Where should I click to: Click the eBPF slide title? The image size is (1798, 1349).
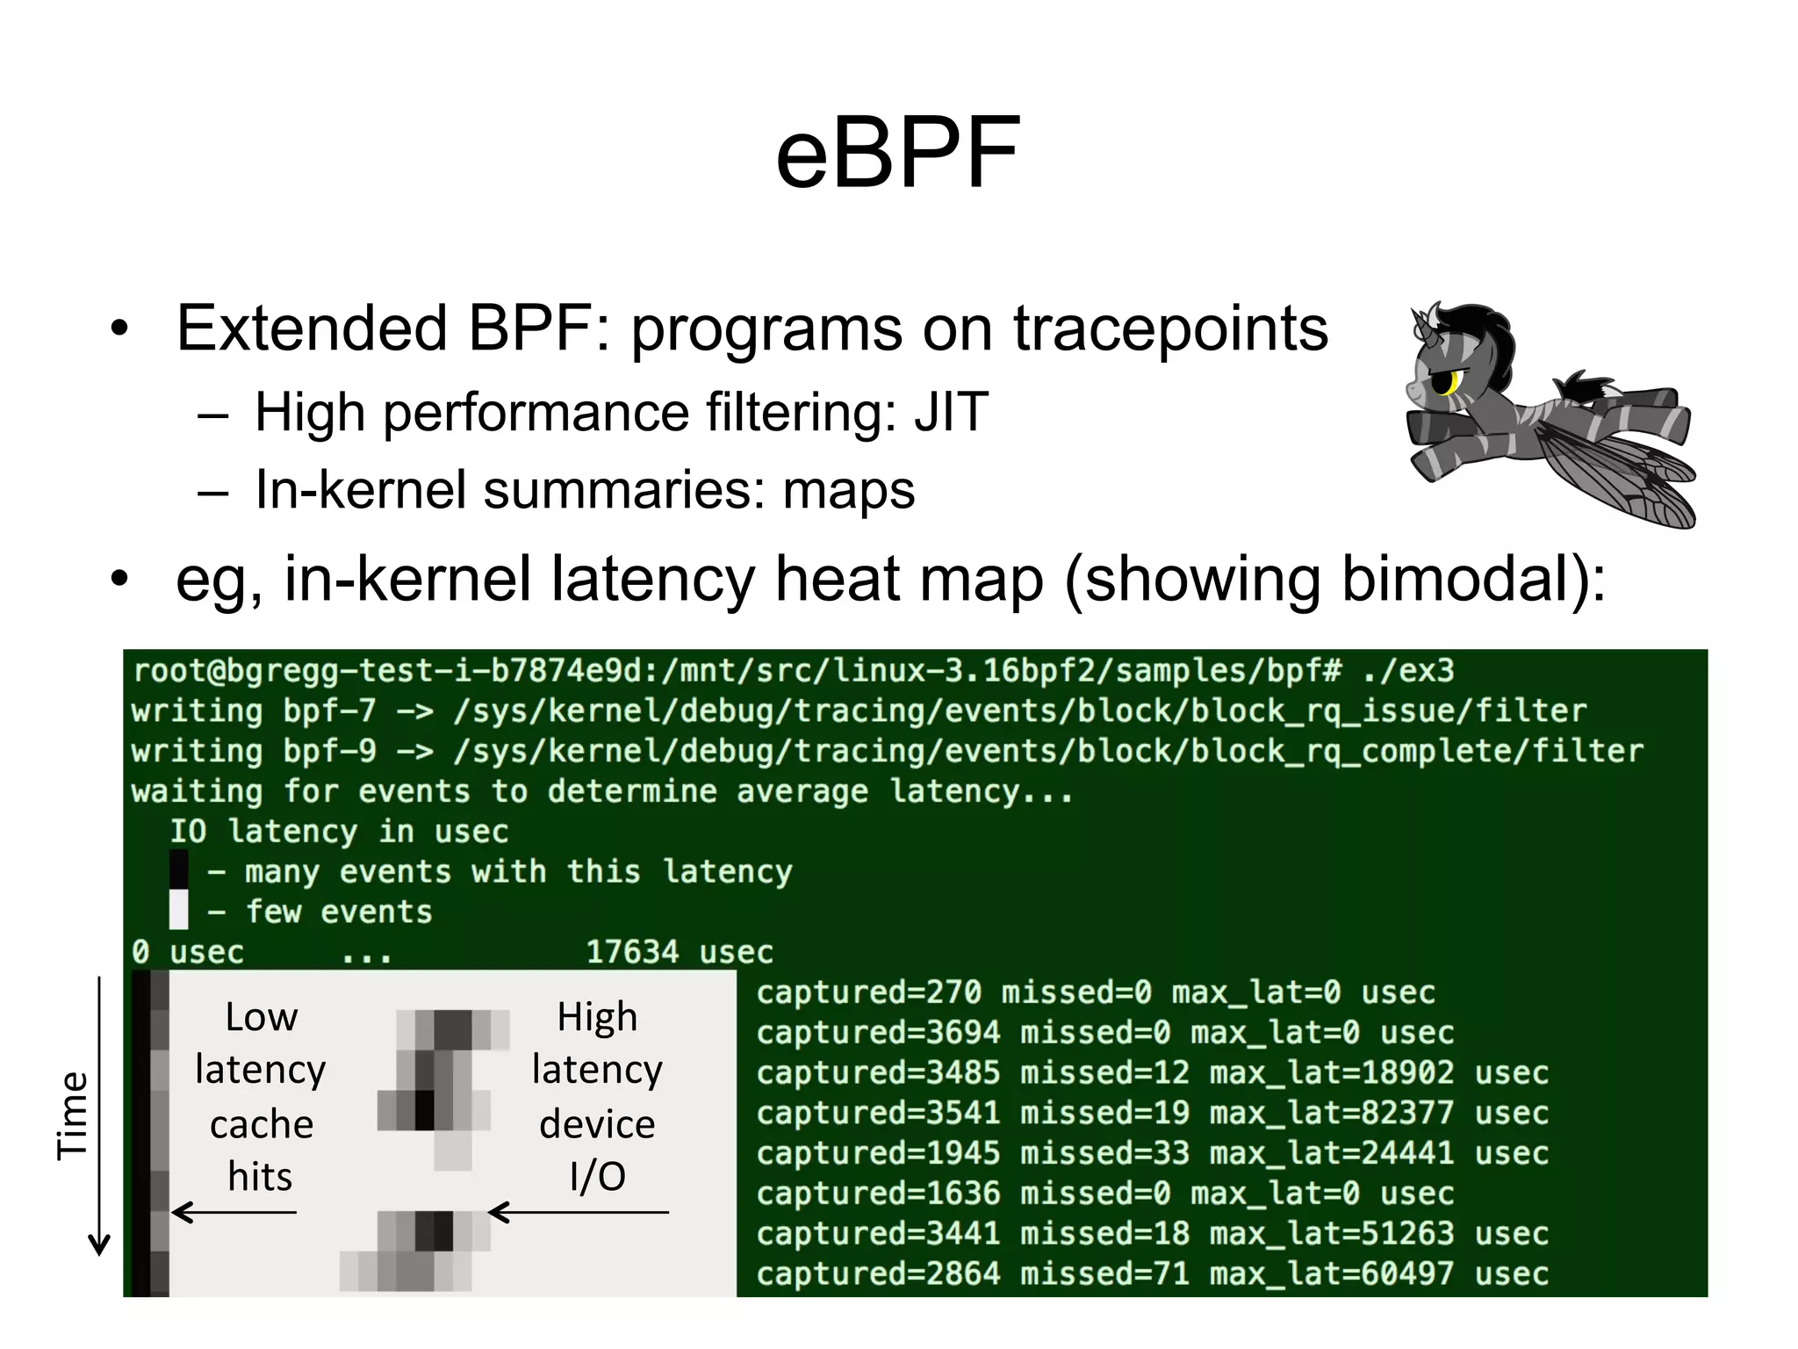(897, 155)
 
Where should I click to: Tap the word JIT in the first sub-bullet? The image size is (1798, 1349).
(951, 412)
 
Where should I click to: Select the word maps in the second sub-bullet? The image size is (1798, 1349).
(848, 490)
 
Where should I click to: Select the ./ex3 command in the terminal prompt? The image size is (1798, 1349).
(1408, 671)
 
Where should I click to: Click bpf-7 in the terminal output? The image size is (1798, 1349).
(329, 711)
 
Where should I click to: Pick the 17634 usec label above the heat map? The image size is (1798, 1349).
(679, 952)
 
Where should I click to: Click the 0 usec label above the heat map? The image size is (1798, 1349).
(188, 952)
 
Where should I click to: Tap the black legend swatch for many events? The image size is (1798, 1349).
(179, 870)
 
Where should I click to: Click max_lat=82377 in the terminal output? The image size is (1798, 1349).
(1331, 1113)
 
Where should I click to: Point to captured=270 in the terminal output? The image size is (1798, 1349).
(868, 992)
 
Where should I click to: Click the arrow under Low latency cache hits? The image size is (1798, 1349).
(234, 1213)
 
